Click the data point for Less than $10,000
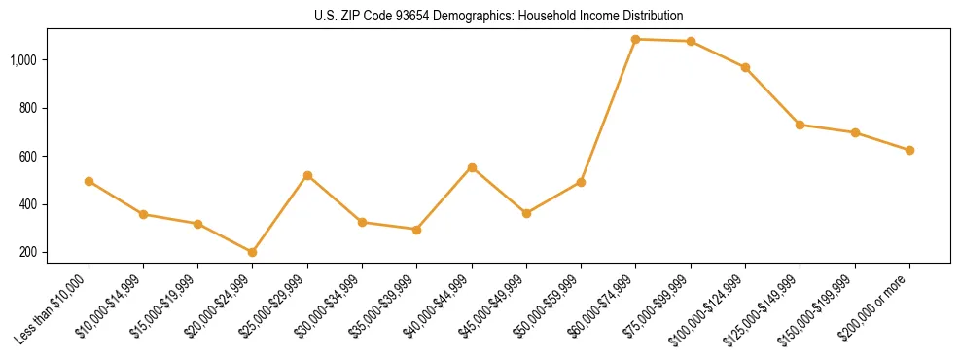pyautogui.click(x=89, y=181)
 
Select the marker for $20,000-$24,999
pyautogui.click(x=253, y=252)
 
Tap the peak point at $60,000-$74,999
pyautogui.click(x=636, y=39)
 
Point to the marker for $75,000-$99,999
pyautogui.click(x=691, y=41)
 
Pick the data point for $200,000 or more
pyautogui.click(x=909, y=150)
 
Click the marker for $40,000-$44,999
pyautogui.click(x=472, y=167)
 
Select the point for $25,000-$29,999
pyautogui.click(x=307, y=175)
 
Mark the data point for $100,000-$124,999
pyautogui.click(x=745, y=67)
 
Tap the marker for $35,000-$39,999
pyautogui.click(x=417, y=230)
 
